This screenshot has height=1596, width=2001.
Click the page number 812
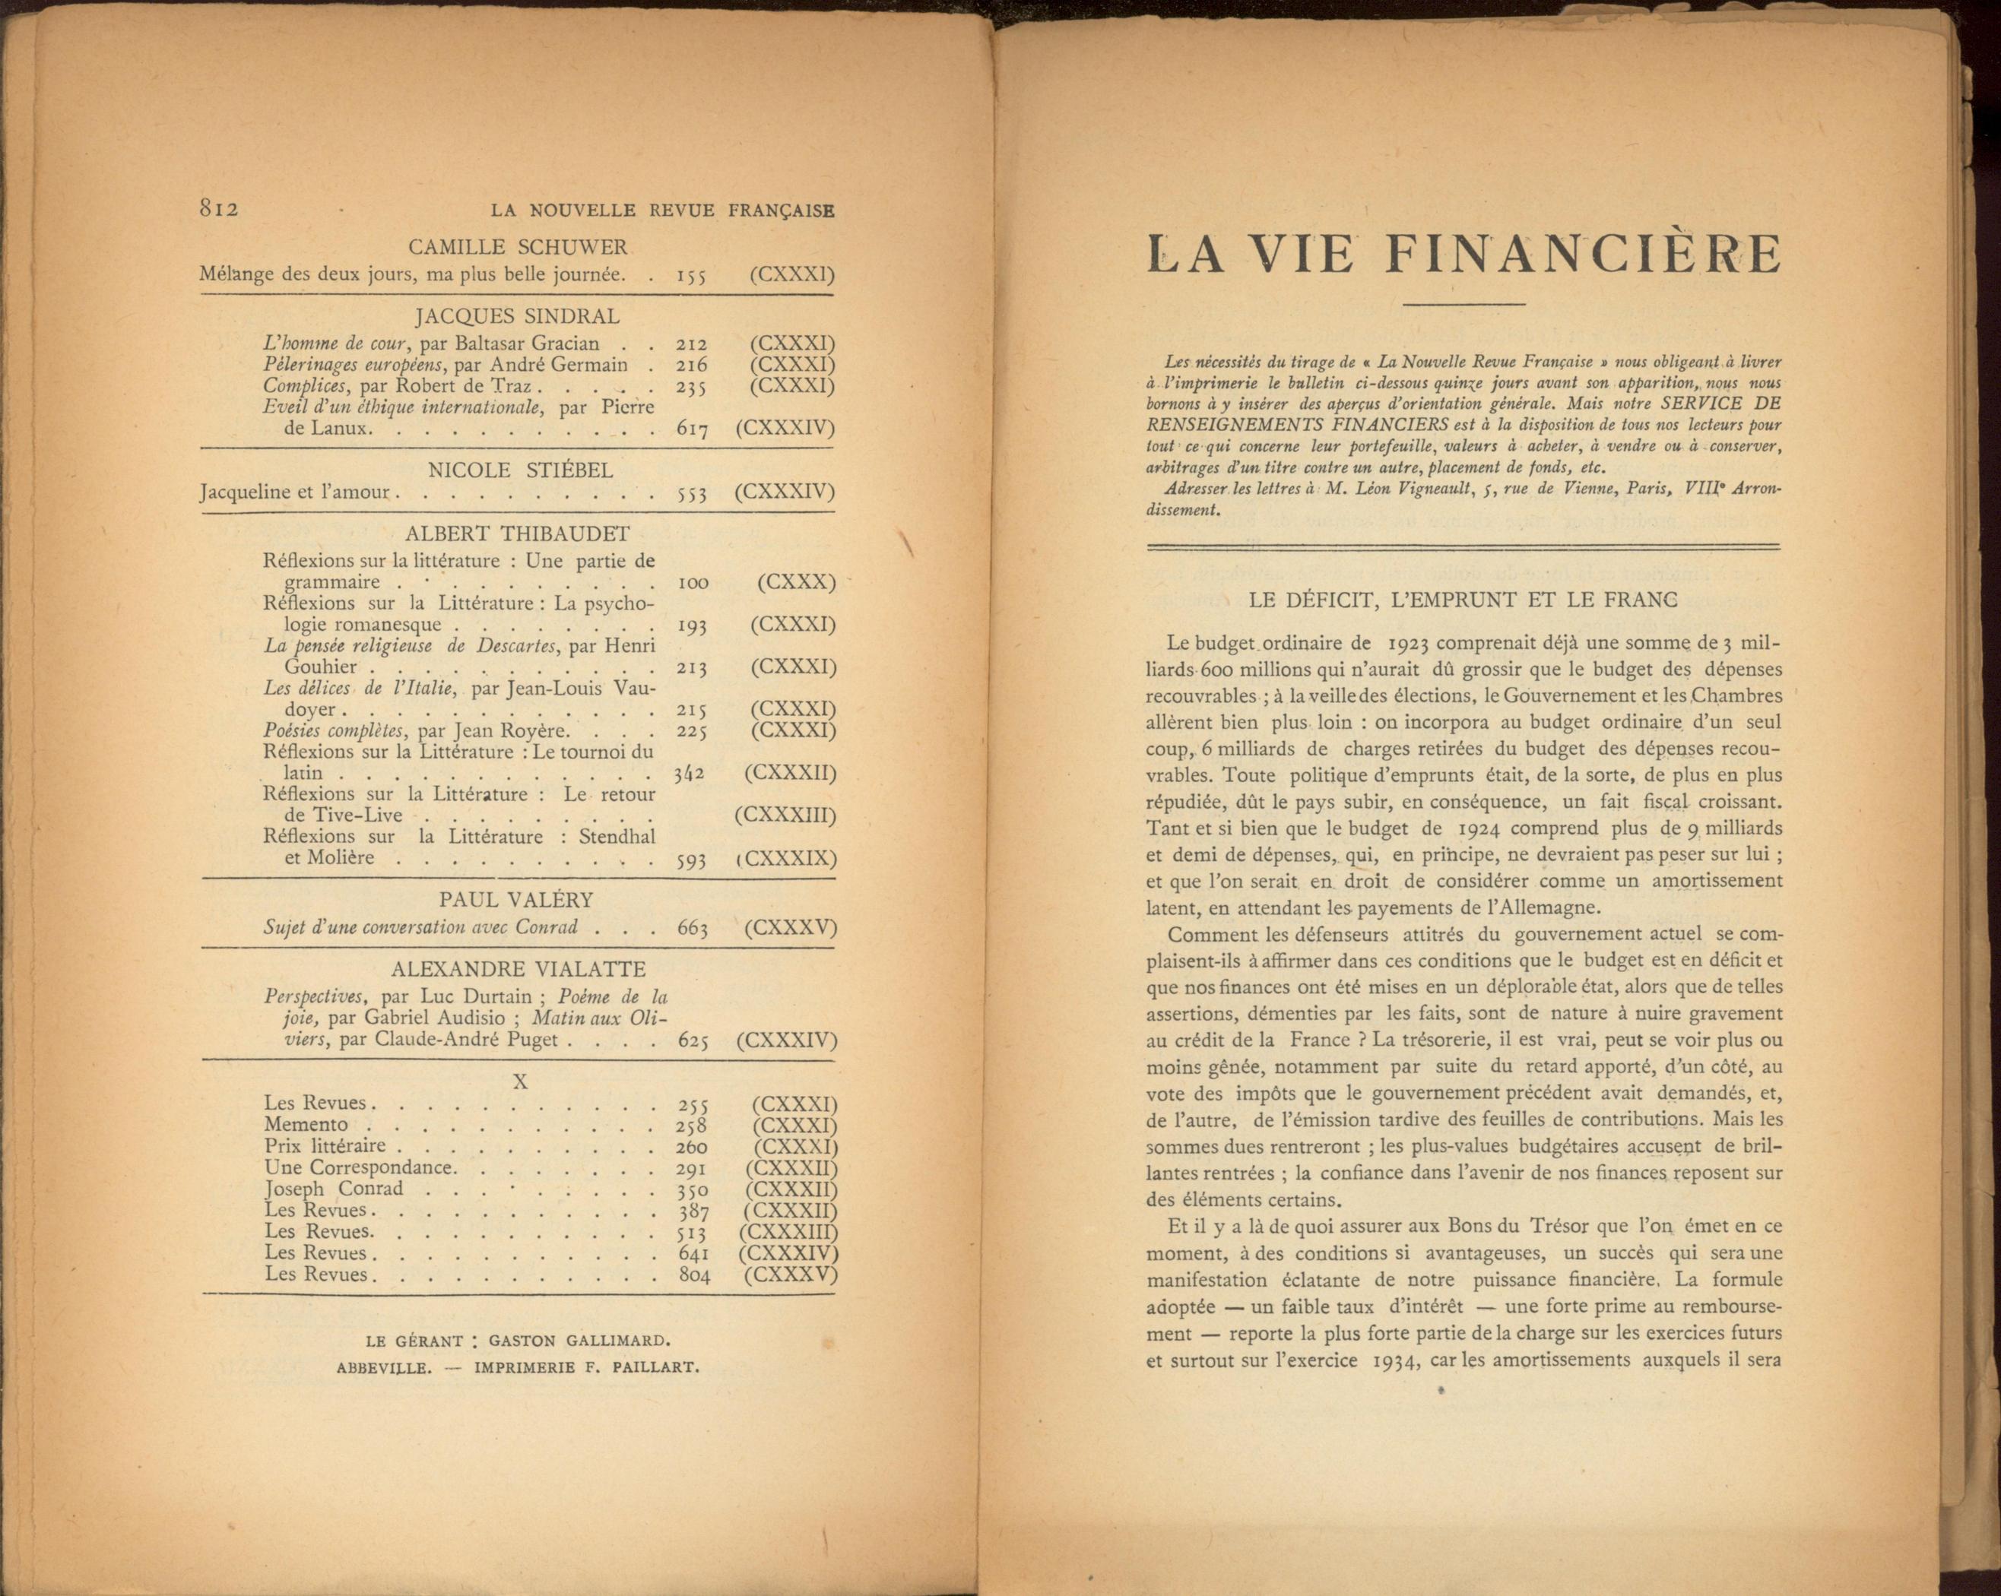(220, 209)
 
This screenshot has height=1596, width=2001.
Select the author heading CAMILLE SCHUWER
(518, 248)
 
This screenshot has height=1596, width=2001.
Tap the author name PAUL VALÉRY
(516, 900)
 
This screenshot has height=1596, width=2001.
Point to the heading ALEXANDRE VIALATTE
(518, 970)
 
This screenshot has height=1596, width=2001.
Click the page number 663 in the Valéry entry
(693, 928)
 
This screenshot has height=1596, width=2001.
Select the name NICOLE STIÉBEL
(520, 470)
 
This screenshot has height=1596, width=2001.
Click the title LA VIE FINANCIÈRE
(1463, 255)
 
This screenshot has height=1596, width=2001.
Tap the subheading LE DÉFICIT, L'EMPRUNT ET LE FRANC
(1463, 600)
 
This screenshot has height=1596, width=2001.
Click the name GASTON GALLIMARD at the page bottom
(579, 1341)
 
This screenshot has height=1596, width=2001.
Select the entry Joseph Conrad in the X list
(334, 1189)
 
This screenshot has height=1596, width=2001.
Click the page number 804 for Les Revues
(694, 1276)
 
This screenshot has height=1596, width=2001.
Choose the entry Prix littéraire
(325, 1147)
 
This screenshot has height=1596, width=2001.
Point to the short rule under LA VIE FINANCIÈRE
(1463, 304)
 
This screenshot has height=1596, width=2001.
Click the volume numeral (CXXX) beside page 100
(795, 583)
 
